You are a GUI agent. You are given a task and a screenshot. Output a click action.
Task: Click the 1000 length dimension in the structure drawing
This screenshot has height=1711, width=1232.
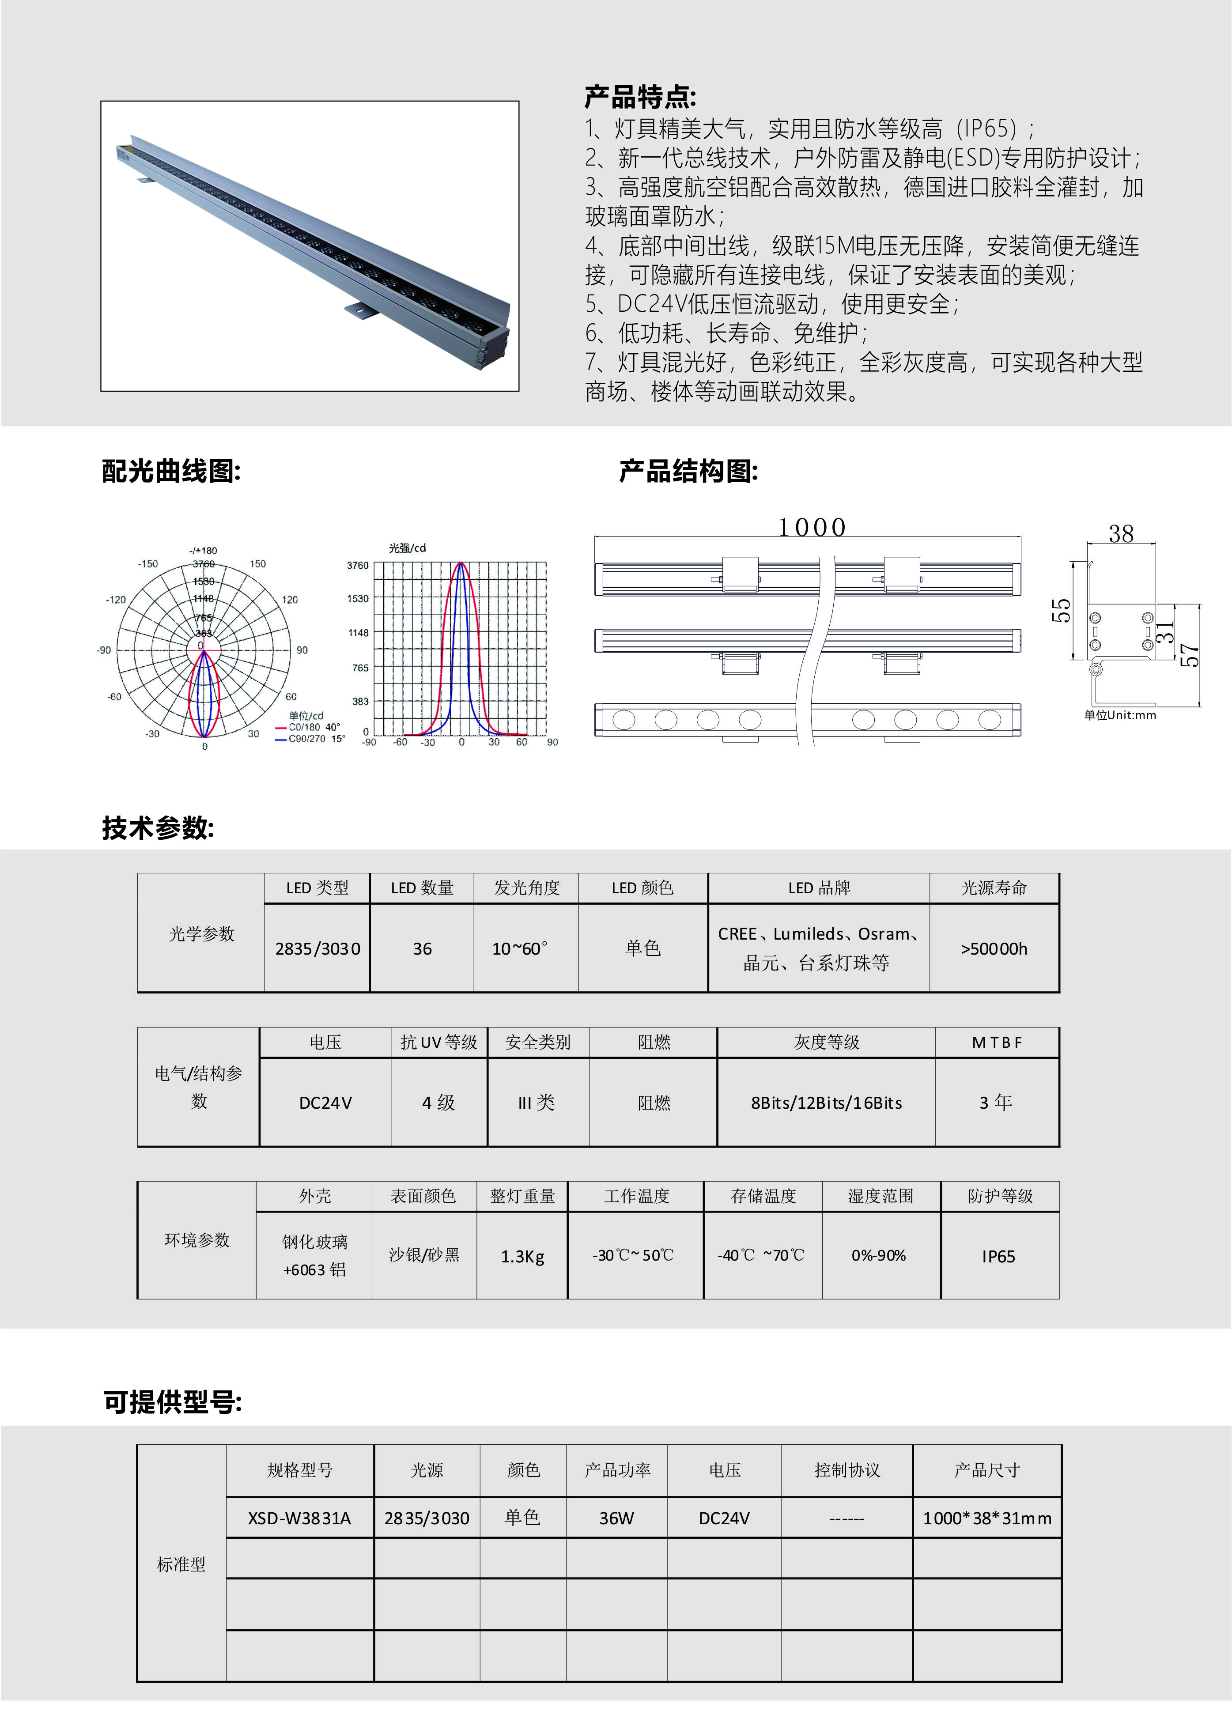pyautogui.click(x=812, y=527)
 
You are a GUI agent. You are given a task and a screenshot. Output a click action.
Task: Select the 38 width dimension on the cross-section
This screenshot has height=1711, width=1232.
pyautogui.click(x=1121, y=534)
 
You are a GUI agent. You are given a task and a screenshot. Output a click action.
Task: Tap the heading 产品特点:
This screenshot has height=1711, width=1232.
pyautogui.click(x=640, y=97)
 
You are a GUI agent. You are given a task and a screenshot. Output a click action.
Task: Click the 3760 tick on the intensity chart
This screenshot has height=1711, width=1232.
pyautogui.click(x=358, y=565)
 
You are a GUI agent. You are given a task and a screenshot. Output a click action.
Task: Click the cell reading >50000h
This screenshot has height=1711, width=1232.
pyautogui.click(x=994, y=948)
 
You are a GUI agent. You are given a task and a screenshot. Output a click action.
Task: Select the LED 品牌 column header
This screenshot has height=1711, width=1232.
pyautogui.click(x=819, y=888)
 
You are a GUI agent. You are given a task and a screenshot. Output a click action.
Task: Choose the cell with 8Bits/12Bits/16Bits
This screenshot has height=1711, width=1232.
pyautogui.click(x=826, y=1103)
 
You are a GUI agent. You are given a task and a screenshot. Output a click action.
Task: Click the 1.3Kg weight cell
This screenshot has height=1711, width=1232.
pyautogui.click(x=522, y=1256)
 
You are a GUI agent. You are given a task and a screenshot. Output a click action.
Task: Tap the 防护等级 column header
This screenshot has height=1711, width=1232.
pyautogui.click(x=1000, y=1196)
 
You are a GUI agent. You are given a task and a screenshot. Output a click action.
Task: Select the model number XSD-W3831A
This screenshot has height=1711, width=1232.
pyautogui.click(x=299, y=1518)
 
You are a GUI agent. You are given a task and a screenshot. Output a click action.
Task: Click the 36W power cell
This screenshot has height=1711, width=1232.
pyautogui.click(x=616, y=1518)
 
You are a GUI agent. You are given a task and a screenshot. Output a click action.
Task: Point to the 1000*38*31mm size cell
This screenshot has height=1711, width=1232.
pyautogui.click(x=987, y=1518)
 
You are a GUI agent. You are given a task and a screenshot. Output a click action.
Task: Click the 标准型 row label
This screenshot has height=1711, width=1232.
pyautogui.click(x=181, y=1565)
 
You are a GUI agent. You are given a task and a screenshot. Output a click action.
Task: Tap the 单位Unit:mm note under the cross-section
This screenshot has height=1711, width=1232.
pyautogui.click(x=1119, y=715)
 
